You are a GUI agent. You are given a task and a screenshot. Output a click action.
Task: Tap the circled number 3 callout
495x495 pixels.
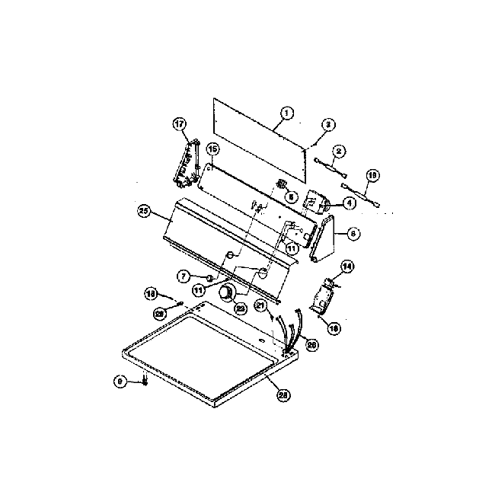(327, 124)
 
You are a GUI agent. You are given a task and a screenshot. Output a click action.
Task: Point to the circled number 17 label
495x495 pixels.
(180, 124)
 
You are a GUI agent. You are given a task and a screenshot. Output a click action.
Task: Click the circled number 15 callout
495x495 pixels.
(212, 148)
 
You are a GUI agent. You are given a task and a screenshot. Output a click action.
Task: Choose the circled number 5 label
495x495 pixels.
(290, 196)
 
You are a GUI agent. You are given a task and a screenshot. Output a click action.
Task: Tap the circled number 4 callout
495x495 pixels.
(349, 203)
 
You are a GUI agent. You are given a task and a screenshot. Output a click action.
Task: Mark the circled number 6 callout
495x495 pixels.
(353, 234)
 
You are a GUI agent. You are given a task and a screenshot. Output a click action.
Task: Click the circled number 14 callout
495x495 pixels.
(346, 266)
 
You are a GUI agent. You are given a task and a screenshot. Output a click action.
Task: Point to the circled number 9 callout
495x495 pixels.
(120, 382)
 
